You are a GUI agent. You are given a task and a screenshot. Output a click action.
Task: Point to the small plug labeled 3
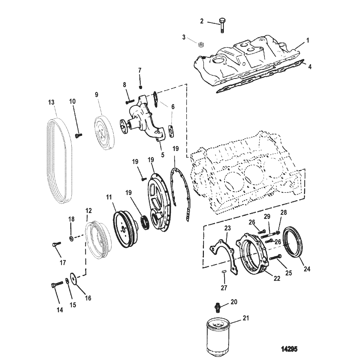pos(201,45)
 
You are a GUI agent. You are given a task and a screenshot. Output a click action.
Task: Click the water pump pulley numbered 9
pos(104,133)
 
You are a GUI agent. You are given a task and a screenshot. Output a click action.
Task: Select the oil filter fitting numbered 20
pos(217,307)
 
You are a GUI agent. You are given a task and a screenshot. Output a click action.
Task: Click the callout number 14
pos(60,310)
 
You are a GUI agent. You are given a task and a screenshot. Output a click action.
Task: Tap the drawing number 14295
pos(289,349)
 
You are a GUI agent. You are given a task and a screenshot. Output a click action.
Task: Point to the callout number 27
pos(224,288)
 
